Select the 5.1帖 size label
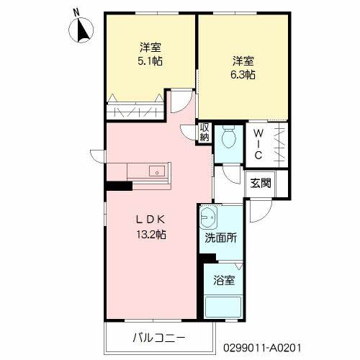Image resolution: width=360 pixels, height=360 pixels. click(150, 62)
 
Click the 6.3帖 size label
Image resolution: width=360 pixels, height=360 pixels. click(243, 74)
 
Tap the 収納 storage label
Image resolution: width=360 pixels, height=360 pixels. click(204, 132)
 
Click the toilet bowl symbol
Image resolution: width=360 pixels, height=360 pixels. click(230, 137)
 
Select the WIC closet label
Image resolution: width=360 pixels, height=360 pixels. click(257, 144)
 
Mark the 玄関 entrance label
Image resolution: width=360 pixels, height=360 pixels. click(260, 183)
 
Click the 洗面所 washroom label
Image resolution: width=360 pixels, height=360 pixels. click(221, 238)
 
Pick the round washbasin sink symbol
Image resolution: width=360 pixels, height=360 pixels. click(209, 215)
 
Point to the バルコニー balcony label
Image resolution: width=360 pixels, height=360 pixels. click(159, 338)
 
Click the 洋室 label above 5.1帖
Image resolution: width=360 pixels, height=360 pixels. click(150, 48)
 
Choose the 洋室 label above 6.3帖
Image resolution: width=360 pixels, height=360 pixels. click(243, 60)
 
